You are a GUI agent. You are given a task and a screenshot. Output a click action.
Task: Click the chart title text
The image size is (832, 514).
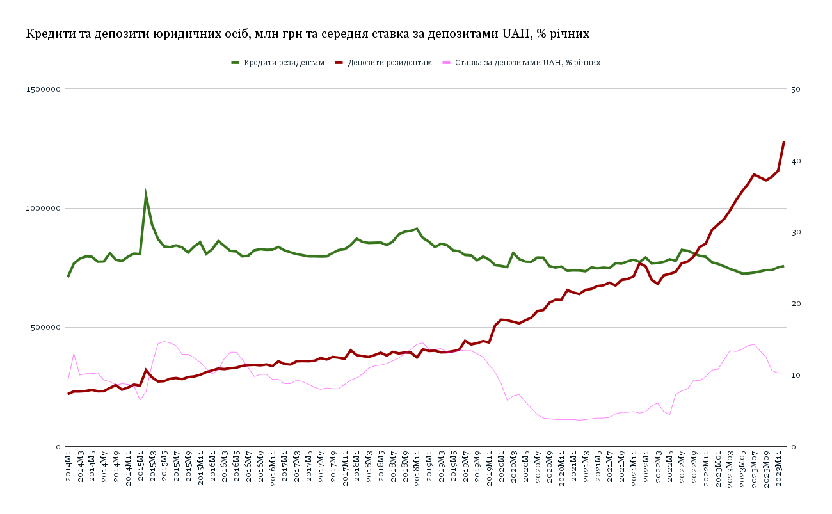[307, 34]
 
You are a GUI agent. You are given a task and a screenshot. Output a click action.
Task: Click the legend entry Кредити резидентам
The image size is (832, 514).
[284, 63]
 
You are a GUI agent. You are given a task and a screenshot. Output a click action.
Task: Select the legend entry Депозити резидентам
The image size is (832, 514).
[390, 63]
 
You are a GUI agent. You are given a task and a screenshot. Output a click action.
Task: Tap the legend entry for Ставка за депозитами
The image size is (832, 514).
[527, 63]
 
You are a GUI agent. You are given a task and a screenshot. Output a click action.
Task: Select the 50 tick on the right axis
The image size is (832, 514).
[797, 89]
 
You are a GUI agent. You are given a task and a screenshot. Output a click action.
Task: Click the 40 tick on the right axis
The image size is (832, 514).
[797, 161]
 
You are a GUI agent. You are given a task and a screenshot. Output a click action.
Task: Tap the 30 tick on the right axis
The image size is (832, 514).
[797, 232]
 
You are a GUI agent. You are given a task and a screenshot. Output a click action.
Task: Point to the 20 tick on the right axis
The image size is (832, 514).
[797, 303]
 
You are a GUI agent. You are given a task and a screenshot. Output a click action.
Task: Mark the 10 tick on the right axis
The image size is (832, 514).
[797, 375]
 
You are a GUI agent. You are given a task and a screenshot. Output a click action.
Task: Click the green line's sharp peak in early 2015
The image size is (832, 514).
[146, 195]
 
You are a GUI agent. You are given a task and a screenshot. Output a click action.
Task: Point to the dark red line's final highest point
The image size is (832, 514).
[784, 141]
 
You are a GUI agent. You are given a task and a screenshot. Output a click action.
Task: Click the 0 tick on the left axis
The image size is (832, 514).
[58, 447]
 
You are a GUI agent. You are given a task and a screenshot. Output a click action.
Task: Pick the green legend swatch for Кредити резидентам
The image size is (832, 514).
[235, 63]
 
